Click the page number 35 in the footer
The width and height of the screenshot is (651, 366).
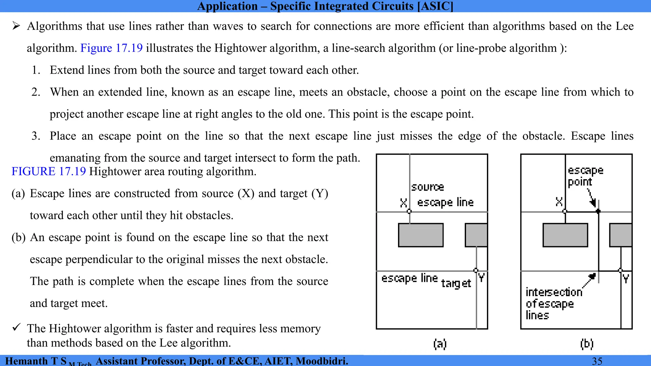[x=597, y=361]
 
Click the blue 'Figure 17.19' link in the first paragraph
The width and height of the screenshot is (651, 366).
[x=111, y=48]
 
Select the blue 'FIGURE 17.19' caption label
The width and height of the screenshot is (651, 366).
[x=49, y=171]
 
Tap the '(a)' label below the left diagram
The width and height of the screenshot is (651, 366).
[x=440, y=344]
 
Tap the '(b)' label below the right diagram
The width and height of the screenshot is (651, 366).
[x=586, y=344]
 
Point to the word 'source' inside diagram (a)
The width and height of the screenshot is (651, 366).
[x=428, y=187]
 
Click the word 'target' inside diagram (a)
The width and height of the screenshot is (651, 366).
[x=456, y=283]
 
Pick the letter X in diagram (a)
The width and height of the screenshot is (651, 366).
[x=403, y=202]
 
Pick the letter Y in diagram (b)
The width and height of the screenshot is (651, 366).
[x=626, y=279]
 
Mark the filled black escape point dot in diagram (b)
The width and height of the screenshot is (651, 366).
[x=598, y=211]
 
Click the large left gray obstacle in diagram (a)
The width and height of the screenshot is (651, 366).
[x=421, y=235]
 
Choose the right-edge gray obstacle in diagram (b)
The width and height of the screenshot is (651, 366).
[x=620, y=235]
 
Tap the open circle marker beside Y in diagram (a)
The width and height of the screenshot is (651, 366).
[x=476, y=270]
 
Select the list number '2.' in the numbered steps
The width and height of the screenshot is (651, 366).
[x=36, y=92]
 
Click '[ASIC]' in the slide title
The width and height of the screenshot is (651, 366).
[x=435, y=6]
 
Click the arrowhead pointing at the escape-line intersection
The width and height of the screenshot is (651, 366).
[x=592, y=276]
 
